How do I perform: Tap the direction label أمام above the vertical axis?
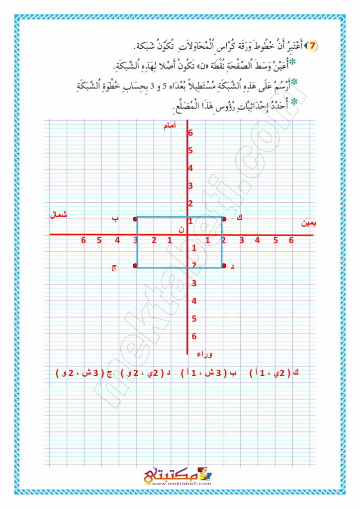click(171, 127)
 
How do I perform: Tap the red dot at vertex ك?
click(224, 219)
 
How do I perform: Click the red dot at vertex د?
click(224, 266)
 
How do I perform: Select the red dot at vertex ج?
click(135, 266)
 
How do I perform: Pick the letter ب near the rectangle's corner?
click(115, 218)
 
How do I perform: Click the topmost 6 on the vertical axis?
click(190, 133)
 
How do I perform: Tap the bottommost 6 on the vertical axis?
click(194, 336)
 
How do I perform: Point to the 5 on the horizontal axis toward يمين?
click(275, 241)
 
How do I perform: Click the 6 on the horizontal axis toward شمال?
click(84, 241)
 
